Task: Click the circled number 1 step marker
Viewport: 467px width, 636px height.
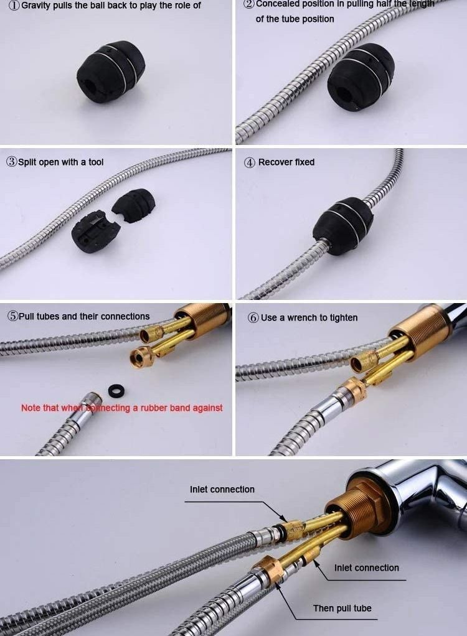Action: pyautogui.click(x=14, y=6)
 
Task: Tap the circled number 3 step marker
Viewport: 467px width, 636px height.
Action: pyautogui.click(x=12, y=161)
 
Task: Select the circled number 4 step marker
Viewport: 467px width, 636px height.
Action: pyautogui.click(x=249, y=162)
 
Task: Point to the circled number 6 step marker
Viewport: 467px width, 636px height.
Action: pyautogui.click(x=253, y=317)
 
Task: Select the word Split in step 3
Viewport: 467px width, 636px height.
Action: pyautogui.click(x=27, y=162)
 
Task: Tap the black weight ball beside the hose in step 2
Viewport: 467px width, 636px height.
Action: pyautogui.click(x=361, y=77)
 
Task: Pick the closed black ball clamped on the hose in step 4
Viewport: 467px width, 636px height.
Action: pyautogui.click(x=343, y=226)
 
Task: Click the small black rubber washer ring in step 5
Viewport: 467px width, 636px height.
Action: pyautogui.click(x=116, y=391)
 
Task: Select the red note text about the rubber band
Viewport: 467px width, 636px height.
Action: pyautogui.click(x=121, y=408)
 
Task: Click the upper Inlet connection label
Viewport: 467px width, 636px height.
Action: pyautogui.click(x=222, y=489)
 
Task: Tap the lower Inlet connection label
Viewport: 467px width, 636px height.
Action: pyautogui.click(x=366, y=568)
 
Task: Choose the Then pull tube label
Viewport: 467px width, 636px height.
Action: pyautogui.click(x=342, y=608)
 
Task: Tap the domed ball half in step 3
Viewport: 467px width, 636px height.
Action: pyautogui.click(x=134, y=205)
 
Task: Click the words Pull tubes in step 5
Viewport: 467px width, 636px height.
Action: pyautogui.click(x=39, y=316)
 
